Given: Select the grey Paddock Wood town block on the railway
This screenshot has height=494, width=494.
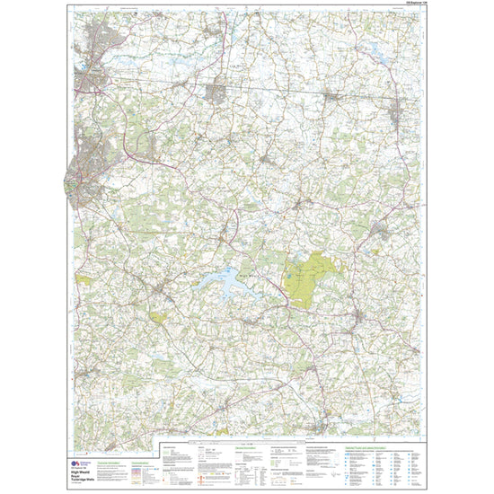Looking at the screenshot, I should click(x=217, y=91).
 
